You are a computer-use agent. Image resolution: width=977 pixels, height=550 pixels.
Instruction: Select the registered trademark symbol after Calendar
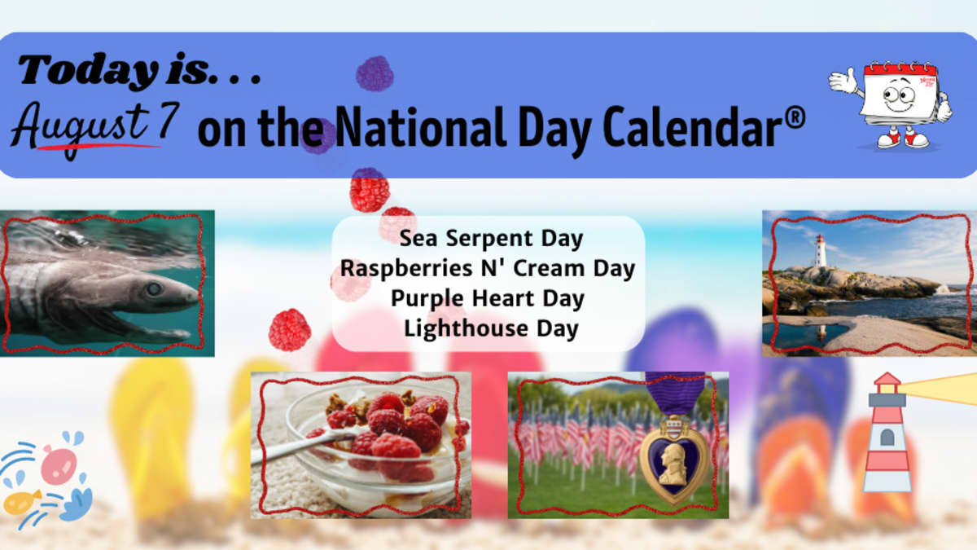pyautogui.click(x=796, y=118)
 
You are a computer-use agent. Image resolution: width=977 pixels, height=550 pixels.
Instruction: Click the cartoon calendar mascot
pyautogui.click(x=891, y=105)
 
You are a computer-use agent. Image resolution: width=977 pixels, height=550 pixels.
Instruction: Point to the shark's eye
pyautogui.click(x=154, y=288)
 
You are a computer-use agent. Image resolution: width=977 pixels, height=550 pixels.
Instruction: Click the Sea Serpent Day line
pyautogui.click(x=491, y=239)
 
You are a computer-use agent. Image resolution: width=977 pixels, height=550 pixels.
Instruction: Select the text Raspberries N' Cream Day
pyautogui.click(x=488, y=268)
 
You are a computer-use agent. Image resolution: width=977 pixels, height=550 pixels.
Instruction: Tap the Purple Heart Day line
pyautogui.click(x=487, y=299)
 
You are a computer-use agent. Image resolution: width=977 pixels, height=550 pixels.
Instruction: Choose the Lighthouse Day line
pyautogui.click(x=491, y=328)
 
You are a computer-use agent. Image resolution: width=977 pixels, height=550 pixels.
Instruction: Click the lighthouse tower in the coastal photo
pyautogui.click(x=821, y=251)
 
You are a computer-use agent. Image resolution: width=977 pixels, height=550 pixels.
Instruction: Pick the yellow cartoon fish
pyautogui.click(x=22, y=503)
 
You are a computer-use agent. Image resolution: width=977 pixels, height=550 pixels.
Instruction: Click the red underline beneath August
pyautogui.click(x=99, y=147)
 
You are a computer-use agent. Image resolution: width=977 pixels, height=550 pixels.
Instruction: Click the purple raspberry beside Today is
pyautogui.click(x=375, y=73)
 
